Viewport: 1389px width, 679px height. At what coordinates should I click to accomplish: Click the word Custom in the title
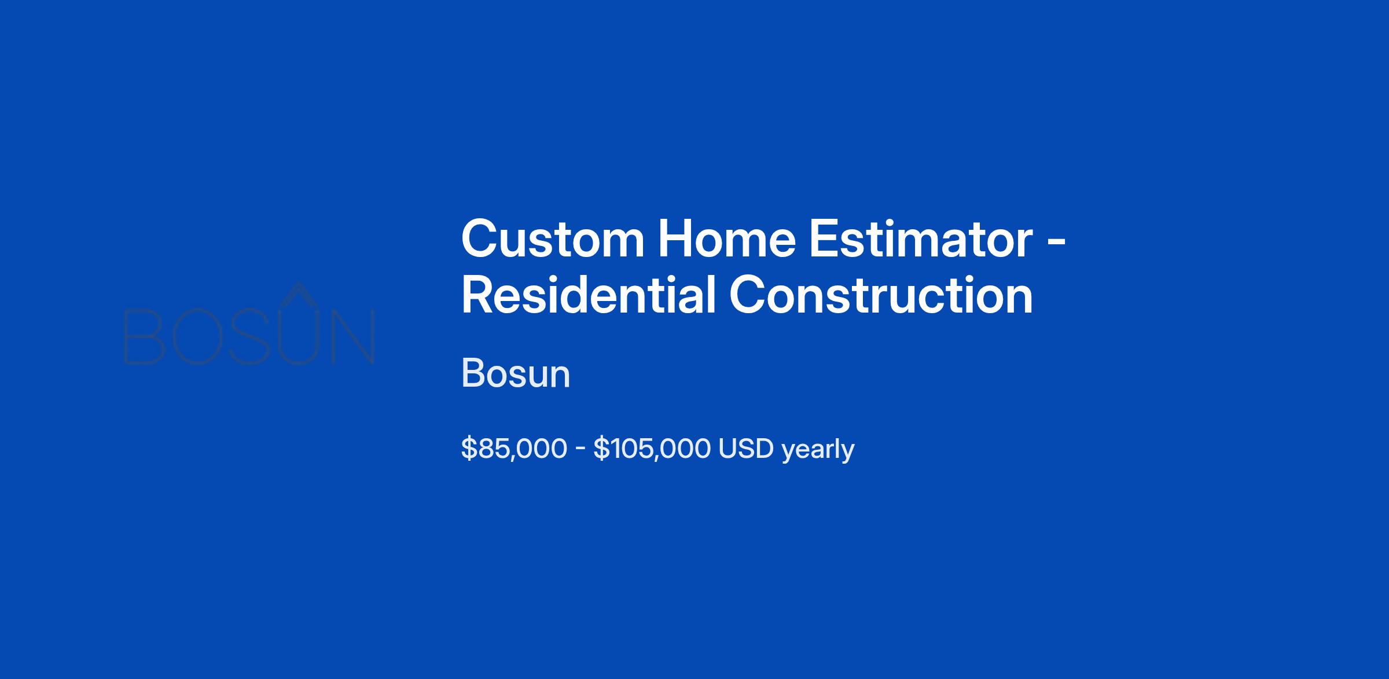[553, 239]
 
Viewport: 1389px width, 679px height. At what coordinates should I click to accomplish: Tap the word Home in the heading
[727, 239]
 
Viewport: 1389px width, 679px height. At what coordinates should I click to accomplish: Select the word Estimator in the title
[921, 239]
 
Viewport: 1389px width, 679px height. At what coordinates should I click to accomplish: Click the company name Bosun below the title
[516, 373]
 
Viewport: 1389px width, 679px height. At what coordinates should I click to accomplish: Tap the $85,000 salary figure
[514, 449]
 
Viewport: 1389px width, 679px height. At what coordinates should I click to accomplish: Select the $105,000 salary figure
[652, 449]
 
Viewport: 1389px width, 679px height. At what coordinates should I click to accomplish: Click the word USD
[746, 449]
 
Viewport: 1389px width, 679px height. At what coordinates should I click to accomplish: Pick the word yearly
[818, 450]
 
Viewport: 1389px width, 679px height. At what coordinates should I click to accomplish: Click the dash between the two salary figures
[580, 450]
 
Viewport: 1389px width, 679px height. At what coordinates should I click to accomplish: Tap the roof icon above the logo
[297, 293]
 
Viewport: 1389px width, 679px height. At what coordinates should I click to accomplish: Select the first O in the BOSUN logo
[199, 337]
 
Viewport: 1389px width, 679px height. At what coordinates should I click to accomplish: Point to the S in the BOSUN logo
[250, 337]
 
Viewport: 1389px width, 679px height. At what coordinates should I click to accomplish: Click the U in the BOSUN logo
[297, 338]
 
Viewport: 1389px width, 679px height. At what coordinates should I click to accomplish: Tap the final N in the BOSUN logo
[353, 337]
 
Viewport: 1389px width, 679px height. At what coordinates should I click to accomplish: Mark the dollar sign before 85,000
[469, 449]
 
